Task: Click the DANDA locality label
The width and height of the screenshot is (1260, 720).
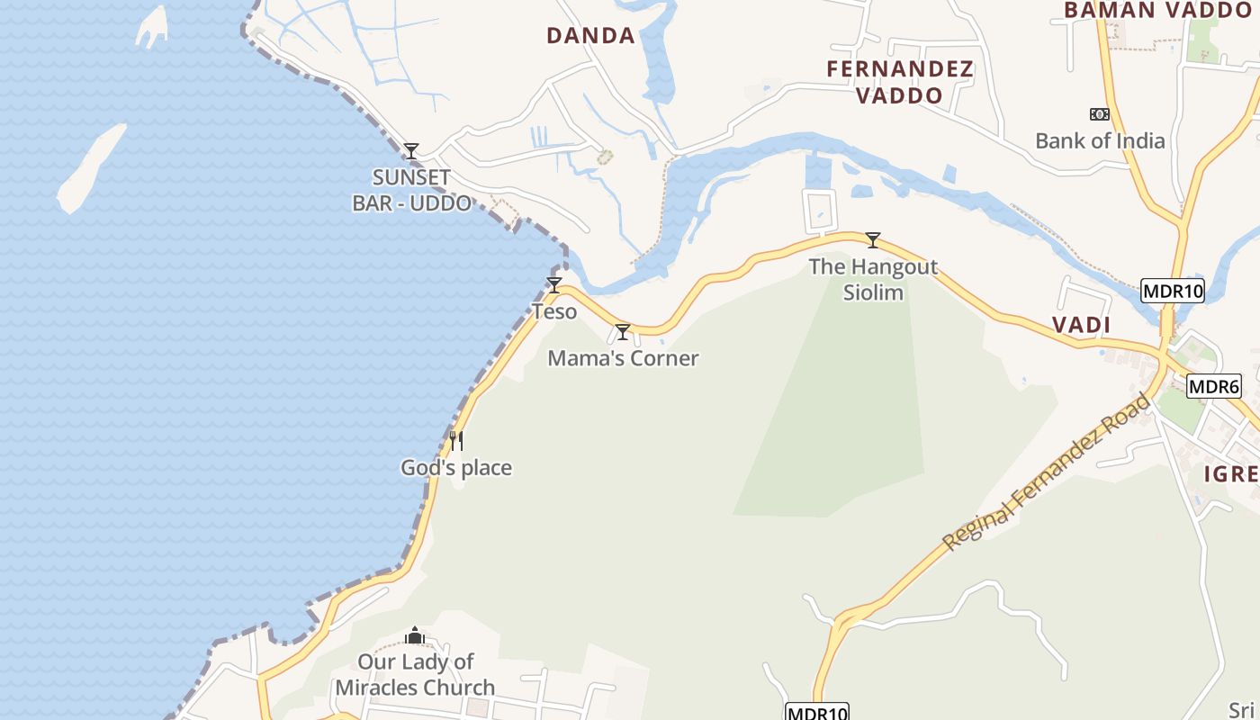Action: pos(590,36)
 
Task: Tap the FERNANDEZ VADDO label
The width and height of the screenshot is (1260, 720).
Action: pos(900,82)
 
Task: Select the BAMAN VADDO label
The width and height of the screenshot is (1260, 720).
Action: pos(1158,10)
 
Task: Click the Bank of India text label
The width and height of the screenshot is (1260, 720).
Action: pos(1100,140)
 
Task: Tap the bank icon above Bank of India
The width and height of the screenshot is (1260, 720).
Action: pos(1099,114)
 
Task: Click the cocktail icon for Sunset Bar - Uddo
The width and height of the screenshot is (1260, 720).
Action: pos(411,150)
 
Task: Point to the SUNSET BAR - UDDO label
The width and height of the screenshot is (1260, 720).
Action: pos(412,190)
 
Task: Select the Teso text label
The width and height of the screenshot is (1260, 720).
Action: pos(554,311)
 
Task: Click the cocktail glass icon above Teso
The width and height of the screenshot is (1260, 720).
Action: pos(554,285)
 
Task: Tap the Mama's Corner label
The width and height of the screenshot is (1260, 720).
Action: pos(623,358)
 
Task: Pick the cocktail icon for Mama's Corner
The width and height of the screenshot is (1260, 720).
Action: pos(622,332)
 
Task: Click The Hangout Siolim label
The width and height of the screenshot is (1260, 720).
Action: pos(873,279)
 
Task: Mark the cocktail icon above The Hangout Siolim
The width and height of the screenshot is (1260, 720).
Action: pos(872,239)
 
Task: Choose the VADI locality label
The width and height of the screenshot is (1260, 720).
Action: pos(1082,325)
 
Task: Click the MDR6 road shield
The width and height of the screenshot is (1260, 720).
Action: pos(1214,387)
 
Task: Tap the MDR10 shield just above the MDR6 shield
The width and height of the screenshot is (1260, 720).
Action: pos(1172,291)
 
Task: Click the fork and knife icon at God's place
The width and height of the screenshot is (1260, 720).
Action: pos(456,440)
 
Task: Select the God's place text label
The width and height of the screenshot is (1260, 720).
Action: pos(456,467)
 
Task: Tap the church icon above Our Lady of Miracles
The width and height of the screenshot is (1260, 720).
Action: pos(414,635)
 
